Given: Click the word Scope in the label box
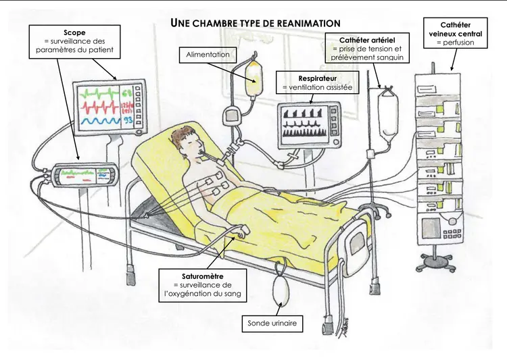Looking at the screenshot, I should click(x=74, y=32).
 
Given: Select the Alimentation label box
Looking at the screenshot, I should click(x=204, y=54).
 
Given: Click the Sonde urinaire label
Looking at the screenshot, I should click(x=272, y=324).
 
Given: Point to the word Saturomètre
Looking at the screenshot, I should click(x=203, y=276).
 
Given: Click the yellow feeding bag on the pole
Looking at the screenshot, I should click(x=254, y=80).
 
